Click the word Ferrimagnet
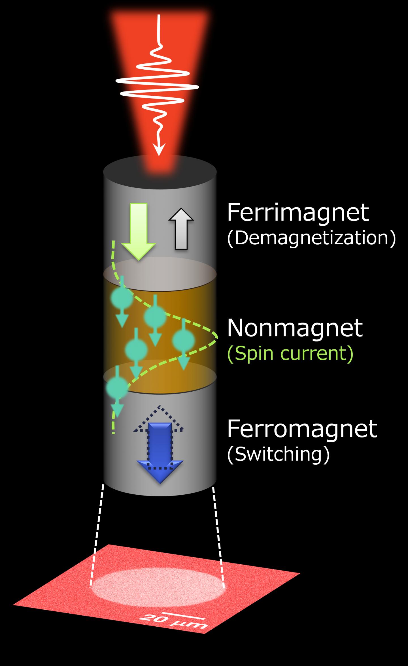pos(298,213)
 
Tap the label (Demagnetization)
pos(311,238)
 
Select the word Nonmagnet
pos(295,328)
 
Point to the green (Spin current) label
pos(290,354)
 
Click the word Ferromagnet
pos(302,429)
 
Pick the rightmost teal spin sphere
pos(184,340)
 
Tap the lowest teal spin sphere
pos(117,387)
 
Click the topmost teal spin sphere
pos(122,297)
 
